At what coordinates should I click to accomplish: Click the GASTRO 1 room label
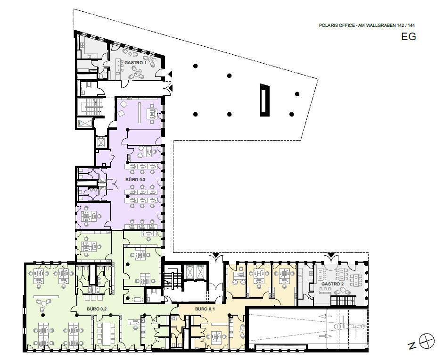pos(135,62)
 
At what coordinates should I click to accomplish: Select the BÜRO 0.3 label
pos(135,180)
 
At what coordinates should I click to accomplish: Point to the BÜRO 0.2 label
pos(97,309)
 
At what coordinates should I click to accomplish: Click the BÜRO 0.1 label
pos(205,309)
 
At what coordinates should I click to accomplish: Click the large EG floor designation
pos(408,37)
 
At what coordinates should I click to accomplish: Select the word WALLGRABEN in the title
pos(381,25)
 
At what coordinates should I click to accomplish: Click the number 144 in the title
pos(411,25)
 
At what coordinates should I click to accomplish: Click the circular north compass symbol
pos(427,341)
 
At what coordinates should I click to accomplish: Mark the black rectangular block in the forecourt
pos(265,100)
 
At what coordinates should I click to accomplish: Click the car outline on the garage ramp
pos(349,327)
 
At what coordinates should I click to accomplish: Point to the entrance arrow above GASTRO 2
pos(331,255)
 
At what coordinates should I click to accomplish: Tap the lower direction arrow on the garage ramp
pos(325,336)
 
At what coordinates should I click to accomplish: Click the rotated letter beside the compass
pos(412,346)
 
